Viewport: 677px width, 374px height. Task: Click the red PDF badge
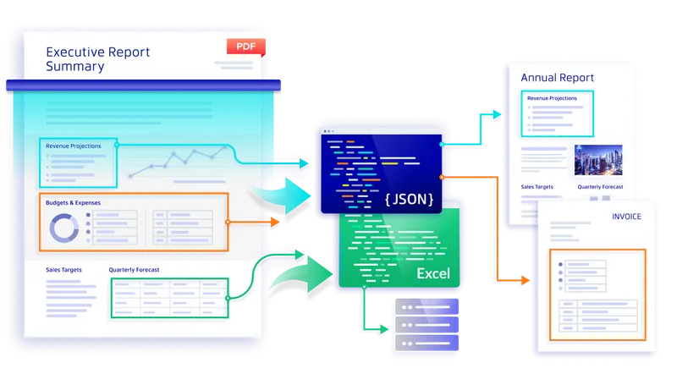pyautogui.click(x=245, y=47)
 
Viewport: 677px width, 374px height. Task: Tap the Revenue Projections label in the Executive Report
pyautogui.click(x=75, y=146)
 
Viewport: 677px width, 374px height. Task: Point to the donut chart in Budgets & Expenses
pyautogui.click(x=64, y=227)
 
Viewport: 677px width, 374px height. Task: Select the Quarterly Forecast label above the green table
pyautogui.click(x=134, y=270)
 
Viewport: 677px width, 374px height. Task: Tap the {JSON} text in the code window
pyautogui.click(x=408, y=201)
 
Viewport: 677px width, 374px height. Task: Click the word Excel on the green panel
pyautogui.click(x=432, y=274)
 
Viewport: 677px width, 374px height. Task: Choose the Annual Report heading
pyautogui.click(x=557, y=78)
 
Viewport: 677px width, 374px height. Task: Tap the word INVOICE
pyautogui.click(x=626, y=217)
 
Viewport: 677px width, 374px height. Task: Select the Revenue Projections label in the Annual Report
pyautogui.click(x=552, y=98)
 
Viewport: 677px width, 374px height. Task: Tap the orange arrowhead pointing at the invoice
pyautogui.click(x=526, y=279)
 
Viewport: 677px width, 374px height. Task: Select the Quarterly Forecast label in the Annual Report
pyautogui.click(x=600, y=186)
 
